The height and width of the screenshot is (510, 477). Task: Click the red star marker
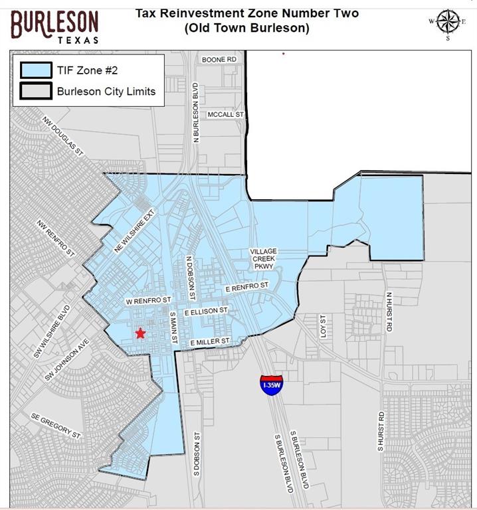[140, 333]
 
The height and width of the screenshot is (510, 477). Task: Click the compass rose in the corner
[448, 22]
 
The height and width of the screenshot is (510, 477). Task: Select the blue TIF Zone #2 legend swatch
[36, 70]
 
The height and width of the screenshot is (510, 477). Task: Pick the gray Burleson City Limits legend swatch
[36, 91]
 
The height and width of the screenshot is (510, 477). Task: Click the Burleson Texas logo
[54, 25]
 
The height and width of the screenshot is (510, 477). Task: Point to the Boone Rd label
[219, 59]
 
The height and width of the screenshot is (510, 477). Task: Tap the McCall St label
[226, 114]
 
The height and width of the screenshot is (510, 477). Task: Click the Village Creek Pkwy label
[263, 259]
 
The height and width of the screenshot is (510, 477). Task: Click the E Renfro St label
[246, 287]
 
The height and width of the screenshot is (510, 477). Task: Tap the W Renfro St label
[149, 301]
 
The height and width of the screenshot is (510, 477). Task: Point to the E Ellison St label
[206, 310]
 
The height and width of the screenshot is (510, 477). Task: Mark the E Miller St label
[209, 341]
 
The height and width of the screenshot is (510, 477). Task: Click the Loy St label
[324, 327]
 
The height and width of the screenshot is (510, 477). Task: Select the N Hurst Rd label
[390, 312]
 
